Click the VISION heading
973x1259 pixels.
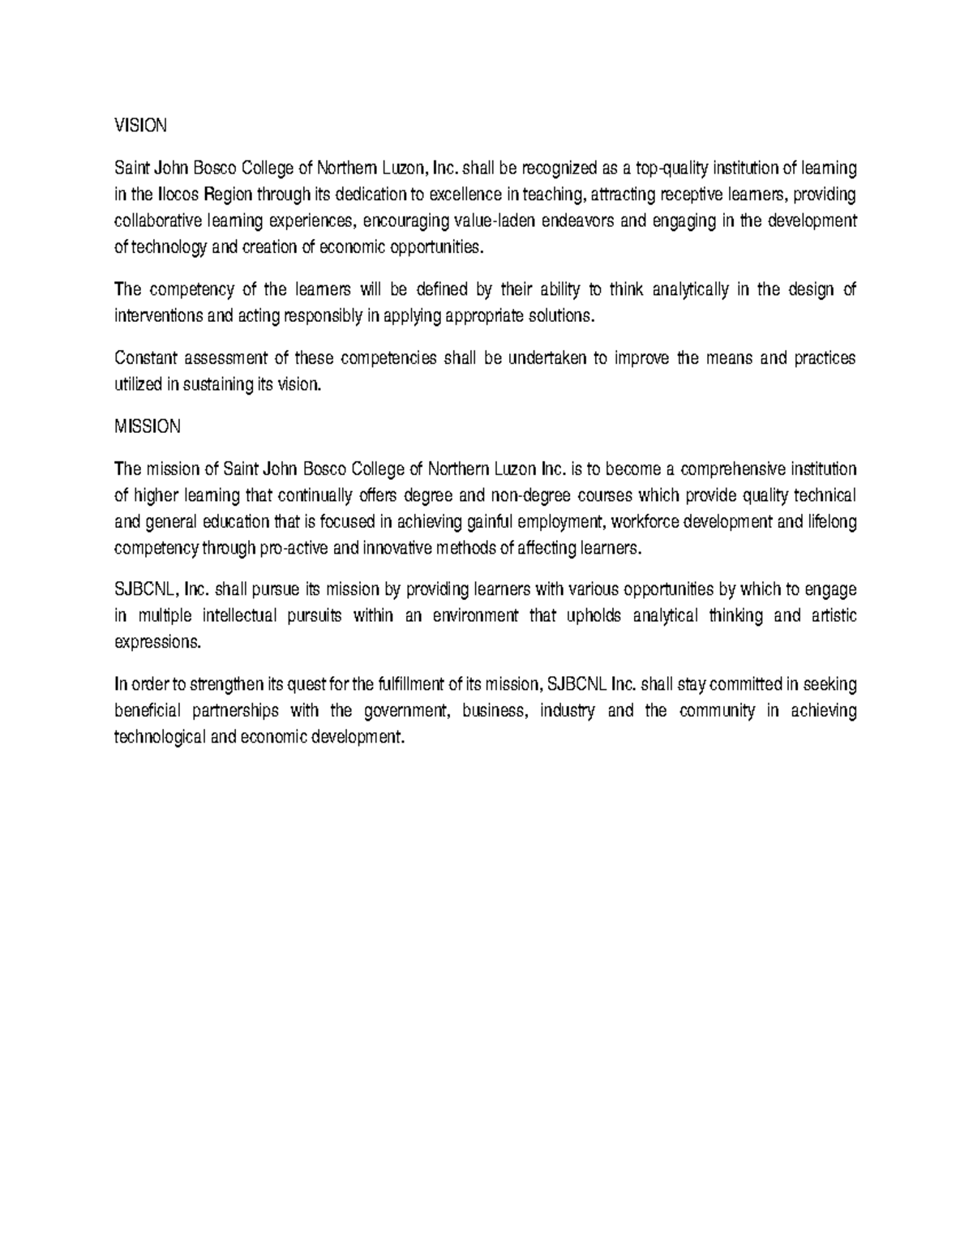coord(141,126)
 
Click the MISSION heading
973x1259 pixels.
coord(147,426)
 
